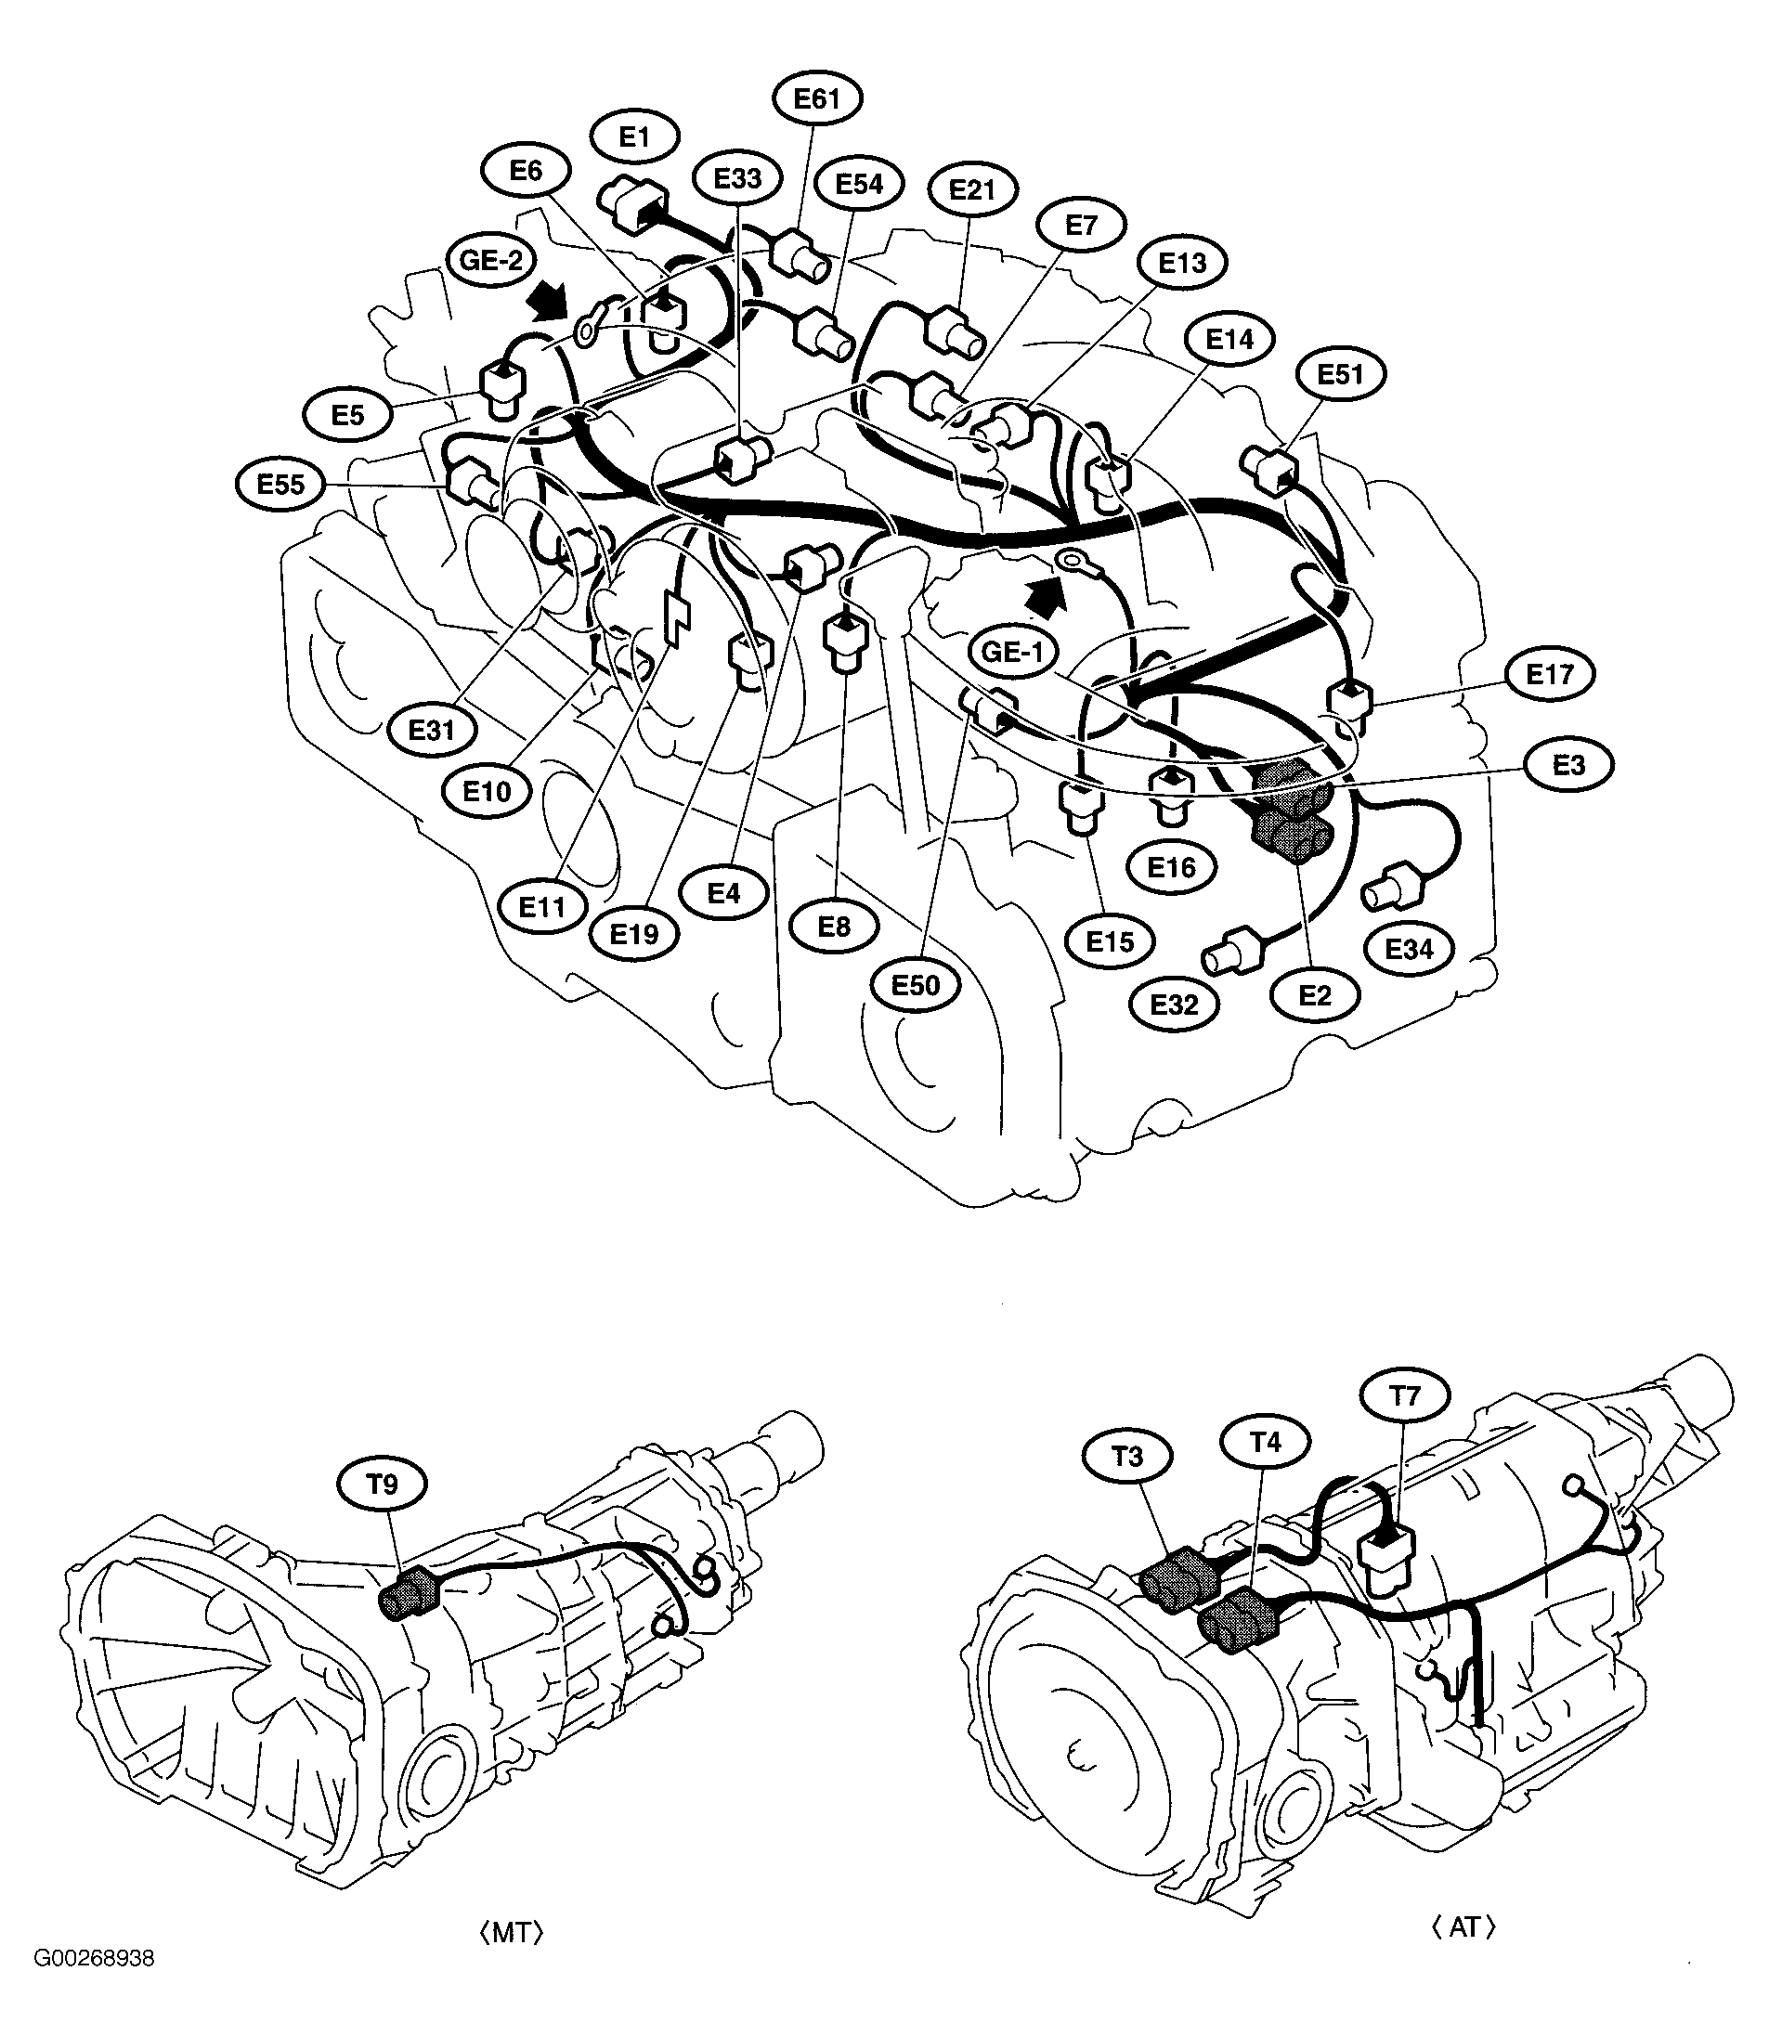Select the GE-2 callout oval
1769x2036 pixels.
[490, 261]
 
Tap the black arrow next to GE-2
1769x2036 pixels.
[549, 300]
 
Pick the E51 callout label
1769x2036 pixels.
[1341, 374]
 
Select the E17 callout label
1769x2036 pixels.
[1549, 674]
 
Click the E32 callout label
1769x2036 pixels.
[1175, 1004]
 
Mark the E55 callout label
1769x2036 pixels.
[281, 484]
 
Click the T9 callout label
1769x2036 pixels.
[382, 1485]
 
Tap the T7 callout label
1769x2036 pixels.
[1405, 1396]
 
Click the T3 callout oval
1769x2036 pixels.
[1127, 1457]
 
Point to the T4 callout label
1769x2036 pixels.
[1265, 1442]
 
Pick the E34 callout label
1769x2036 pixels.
[1409, 949]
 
